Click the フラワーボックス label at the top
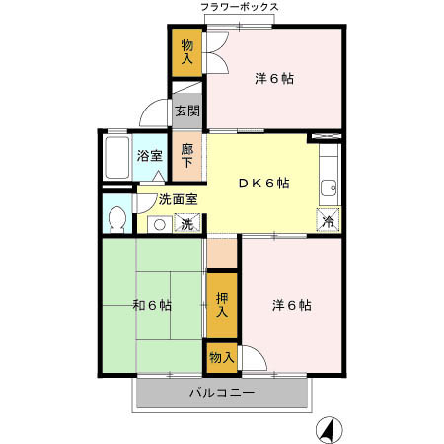[x=240, y=7]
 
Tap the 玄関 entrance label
[x=186, y=111]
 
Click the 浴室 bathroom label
[x=149, y=155]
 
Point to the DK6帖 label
[x=261, y=183]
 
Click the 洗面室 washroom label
[x=179, y=199]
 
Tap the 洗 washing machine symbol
[x=187, y=224]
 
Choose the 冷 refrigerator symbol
[x=328, y=222]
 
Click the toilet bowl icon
[x=115, y=219]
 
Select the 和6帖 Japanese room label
[x=152, y=305]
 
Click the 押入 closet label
[x=222, y=305]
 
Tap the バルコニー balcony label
[x=222, y=394]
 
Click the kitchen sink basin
[x=328, y=185]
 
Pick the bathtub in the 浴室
[x=117, y=158]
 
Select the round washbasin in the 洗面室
[x=158, y=224]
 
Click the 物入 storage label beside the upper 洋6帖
[x=187, y=50]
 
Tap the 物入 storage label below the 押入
[x=221, y=357]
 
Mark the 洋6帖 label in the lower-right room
[x=292, y=305]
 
